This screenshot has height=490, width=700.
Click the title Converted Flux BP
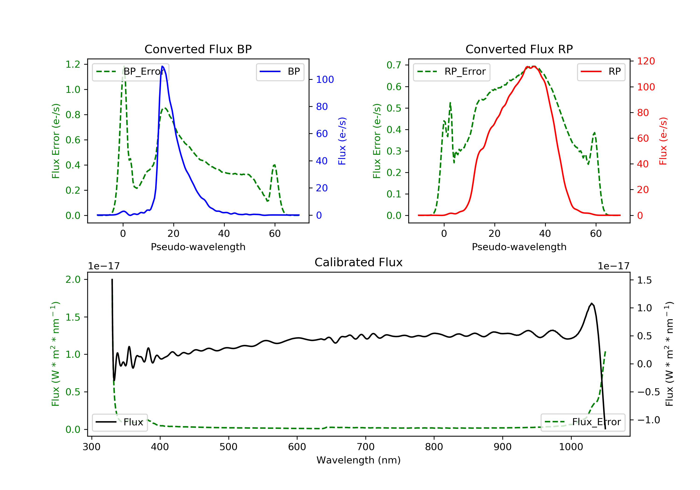tap(198, 49)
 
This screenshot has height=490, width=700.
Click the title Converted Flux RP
tap(519, 49)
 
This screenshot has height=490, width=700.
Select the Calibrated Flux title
tap(359, 262)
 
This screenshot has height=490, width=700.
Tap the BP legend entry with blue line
tap(280, 72)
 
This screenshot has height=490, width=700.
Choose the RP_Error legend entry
tap(451, 72)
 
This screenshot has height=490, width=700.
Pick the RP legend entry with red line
tap(601, 72)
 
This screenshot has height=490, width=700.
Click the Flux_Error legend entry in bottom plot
tap(583, 422)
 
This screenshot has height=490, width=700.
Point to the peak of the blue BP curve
tap(162, 66)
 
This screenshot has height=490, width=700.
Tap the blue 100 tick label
tap(325, 80)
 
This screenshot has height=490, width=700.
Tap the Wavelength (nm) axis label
tap(359, 460)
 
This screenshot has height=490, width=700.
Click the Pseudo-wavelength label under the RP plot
tap(519, 247)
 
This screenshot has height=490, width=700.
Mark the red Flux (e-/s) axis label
tap(663, 141)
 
